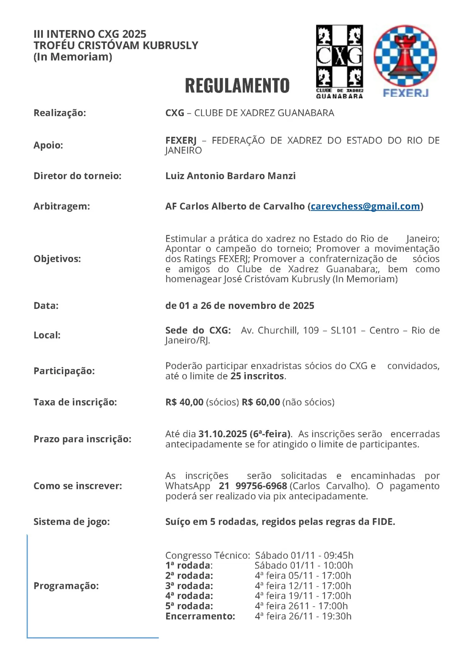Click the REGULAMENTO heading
tap(237, 86)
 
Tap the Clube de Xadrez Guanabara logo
tap(339, 62)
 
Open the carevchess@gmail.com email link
tap(365, 206)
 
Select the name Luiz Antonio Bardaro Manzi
tap(230, 176)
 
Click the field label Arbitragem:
tap(61, 206)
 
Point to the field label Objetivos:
tap(57, 259)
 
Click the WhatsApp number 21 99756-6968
tap(253, 486)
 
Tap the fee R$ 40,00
tap(184, 402)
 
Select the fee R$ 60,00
tap(261, 402)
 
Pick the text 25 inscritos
tap(257, 376)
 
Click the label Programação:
tap(66, 586)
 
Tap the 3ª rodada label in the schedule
tap(189, 586)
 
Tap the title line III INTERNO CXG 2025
tap(90, 34)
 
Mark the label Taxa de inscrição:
tap(75, 402)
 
